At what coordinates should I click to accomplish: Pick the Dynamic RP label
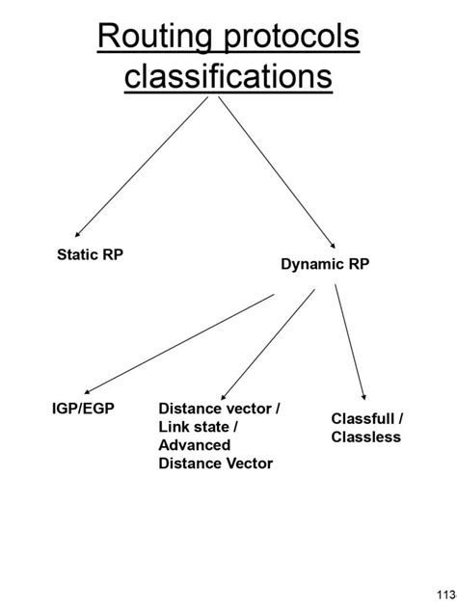(325, 264)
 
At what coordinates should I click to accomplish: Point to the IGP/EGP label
(83, 409)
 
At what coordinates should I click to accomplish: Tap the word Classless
(365, 437)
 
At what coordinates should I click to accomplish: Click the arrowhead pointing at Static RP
(79, 233)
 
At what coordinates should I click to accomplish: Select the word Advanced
(194, 445)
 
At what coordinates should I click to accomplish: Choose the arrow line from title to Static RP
(142, 166)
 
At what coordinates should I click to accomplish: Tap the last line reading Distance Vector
(215, 463)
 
